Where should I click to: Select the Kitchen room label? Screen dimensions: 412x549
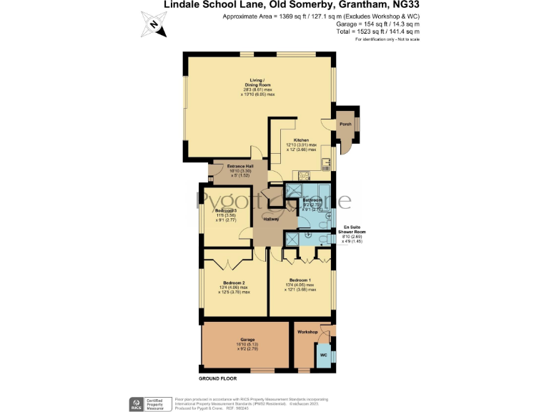tap(300, 140)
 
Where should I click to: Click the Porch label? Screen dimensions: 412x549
tap(345, 124)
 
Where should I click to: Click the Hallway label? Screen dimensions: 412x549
tap(271, 219)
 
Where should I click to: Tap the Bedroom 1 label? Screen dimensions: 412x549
tap(301, 280)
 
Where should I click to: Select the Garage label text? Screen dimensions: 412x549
tap(247, 340)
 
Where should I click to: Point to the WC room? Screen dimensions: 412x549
tap(323, 355)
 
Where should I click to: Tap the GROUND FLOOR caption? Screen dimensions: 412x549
tap(217, 377)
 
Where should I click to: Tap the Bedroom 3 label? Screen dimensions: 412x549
tap(226, 211)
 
